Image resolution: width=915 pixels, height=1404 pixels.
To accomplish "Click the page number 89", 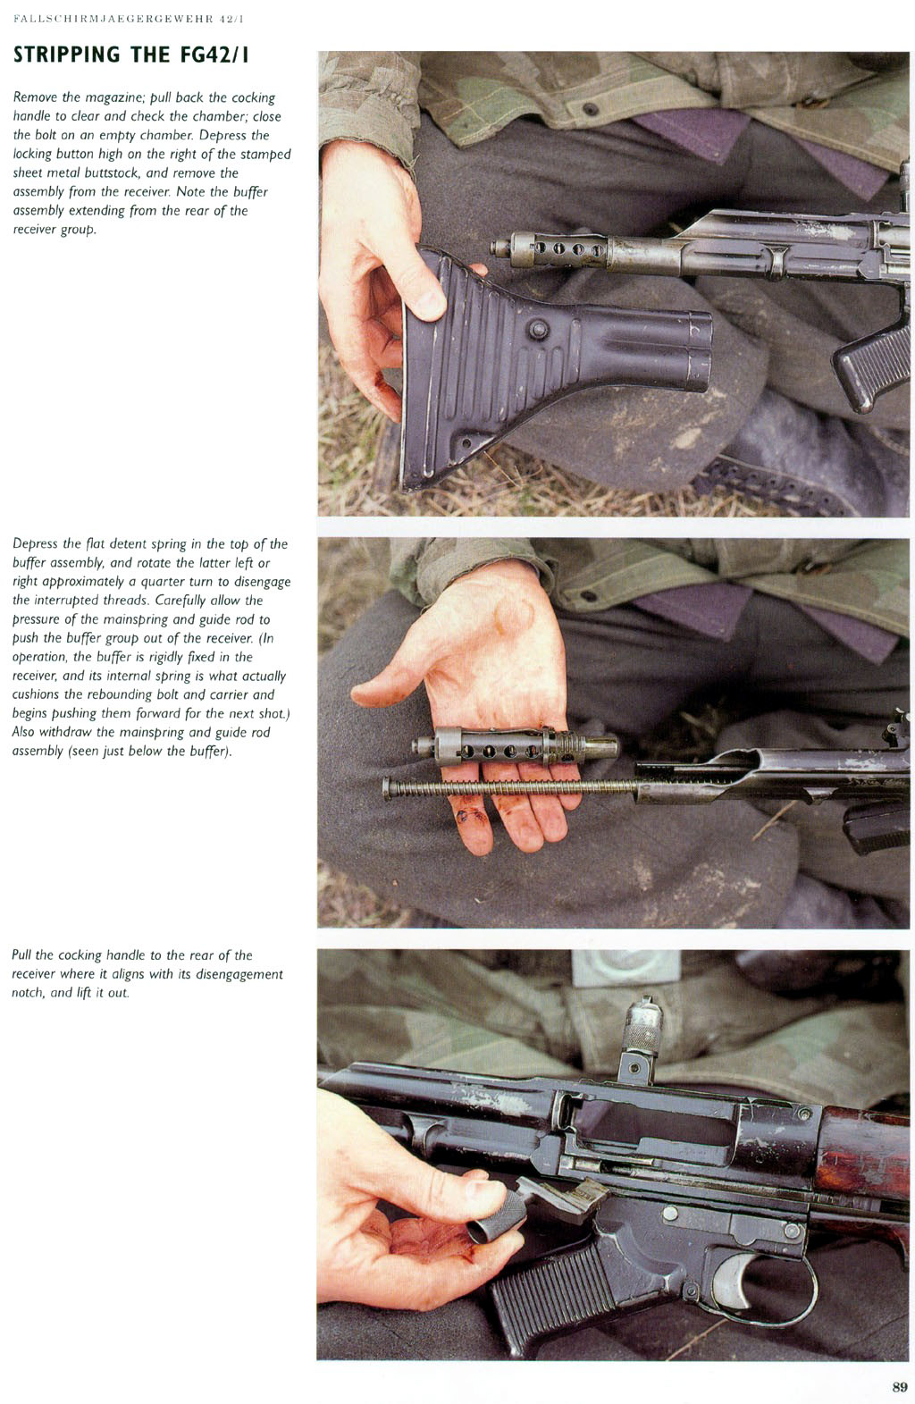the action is [899, 1386].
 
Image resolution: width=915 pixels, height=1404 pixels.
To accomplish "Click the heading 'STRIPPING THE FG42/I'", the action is [131, 55].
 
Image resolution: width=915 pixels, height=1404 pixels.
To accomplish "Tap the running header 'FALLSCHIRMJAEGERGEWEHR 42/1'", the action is [129, 19].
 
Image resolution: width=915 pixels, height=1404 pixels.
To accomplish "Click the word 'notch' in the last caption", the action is [29, 993].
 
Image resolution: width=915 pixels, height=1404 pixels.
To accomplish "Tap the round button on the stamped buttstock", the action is [537, 329].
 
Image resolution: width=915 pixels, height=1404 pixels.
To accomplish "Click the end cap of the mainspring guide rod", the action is [387, 787].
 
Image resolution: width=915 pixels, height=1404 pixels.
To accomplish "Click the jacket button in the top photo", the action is [590, 109].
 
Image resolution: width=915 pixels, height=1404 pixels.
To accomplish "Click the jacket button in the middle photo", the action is [588, 595].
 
